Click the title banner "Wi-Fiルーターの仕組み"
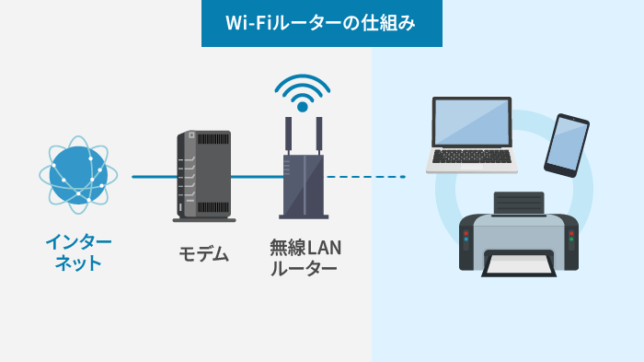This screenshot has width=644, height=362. click(321, 23)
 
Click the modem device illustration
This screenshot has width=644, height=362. click(202, 175)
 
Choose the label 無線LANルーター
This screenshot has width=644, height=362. click(304, 258)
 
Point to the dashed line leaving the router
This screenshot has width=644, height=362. click(363, 176)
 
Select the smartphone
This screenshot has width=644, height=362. click(567, 145)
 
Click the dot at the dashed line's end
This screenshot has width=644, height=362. click(403, 176)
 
